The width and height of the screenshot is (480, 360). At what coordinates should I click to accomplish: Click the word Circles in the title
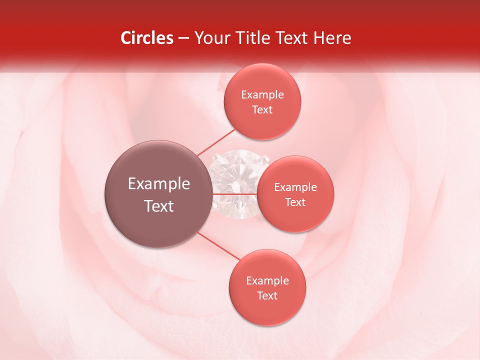point(147,38)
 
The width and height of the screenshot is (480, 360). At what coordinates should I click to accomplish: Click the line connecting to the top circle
point(216,142)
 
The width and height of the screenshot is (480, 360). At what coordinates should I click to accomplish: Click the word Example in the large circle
point(159,184)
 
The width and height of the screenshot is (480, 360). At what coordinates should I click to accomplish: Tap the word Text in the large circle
point(159,206)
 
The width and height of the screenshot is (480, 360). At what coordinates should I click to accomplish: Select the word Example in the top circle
point(262,95)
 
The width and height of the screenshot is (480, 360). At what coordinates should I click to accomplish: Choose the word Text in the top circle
point(262,110)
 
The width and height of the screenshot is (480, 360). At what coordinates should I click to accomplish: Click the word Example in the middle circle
point(295,187)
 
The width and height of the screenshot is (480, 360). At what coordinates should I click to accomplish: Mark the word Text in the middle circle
point(295,202)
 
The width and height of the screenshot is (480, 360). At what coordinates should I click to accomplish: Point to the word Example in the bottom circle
point(267,281)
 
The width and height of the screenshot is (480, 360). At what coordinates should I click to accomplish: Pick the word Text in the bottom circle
point(267,296)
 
